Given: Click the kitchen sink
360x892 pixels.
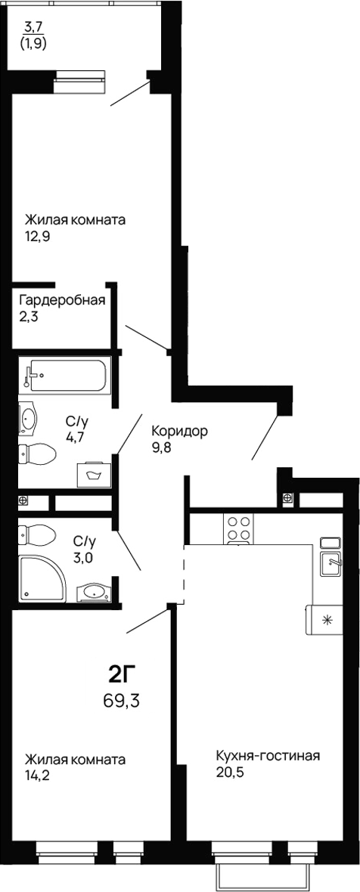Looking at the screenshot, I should [332, 563].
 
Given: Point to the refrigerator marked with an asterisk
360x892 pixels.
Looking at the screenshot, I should [327, 620].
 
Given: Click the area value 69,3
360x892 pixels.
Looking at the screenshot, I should [121, 700].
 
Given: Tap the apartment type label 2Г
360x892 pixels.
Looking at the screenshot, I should [121, 674].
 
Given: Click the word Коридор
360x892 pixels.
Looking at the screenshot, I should [179, 432].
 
